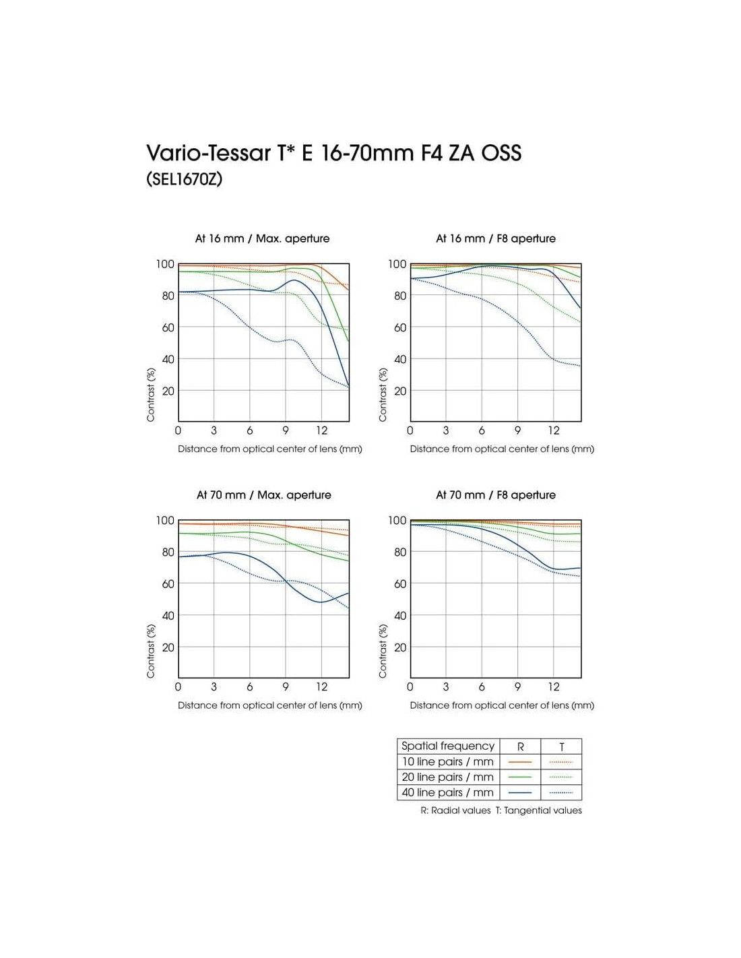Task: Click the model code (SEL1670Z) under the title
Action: tap(184, 180)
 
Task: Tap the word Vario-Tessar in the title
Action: tap(210, 153)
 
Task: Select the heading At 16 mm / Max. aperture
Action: tap(262, 238)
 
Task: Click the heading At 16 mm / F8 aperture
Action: tap(495, 238)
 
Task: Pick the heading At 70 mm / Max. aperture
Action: tap(263, 495)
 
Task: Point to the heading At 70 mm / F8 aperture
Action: tap(495, 495)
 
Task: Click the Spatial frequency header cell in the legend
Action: tap(447, 746)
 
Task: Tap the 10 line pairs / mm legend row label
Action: tap(447, 761)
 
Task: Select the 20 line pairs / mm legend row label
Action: tap(447, 777)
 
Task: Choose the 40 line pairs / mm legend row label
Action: tap(447, 792)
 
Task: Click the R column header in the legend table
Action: tap(520, 746)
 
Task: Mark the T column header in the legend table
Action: tap(561, 746)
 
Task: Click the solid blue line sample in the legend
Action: tap(520, 793)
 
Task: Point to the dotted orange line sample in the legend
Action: tap(561, 762)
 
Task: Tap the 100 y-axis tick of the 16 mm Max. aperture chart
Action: tap(165, 264)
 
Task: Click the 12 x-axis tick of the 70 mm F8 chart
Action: tap(553, 687)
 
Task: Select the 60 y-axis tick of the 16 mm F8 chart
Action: tap(400, 327)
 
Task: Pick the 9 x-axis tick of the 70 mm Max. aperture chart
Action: tap(286, 687)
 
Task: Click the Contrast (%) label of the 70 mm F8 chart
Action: tap(383, 651)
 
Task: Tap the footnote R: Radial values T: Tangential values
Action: tap(501, 810)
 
